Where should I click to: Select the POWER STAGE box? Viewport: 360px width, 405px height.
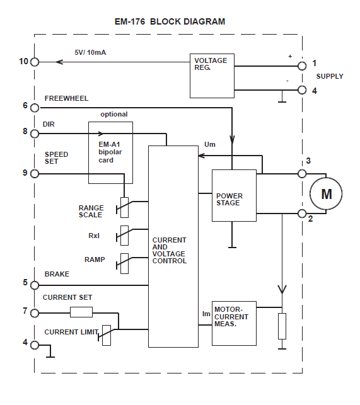[234, 195]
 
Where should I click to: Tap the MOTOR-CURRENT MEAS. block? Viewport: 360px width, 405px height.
[234, 322]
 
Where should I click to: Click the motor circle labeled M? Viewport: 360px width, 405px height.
[326, 193]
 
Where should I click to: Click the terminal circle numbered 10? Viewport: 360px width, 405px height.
[35, 62]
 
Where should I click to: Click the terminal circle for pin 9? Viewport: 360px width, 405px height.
[35, 173]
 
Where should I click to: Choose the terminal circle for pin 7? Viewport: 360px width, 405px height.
[35, 312]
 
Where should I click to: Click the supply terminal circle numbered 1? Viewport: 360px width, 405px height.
[302, 64]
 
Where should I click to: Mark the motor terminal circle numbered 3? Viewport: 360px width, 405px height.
[302, 173]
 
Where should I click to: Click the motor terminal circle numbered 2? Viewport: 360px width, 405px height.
[302, 214]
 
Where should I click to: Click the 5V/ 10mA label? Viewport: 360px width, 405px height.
[90, 52]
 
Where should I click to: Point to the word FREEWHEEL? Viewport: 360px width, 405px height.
[66, 98]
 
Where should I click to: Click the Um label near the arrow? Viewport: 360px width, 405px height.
[210, 144]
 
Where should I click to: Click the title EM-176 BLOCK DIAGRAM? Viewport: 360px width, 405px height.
[170, 21]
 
